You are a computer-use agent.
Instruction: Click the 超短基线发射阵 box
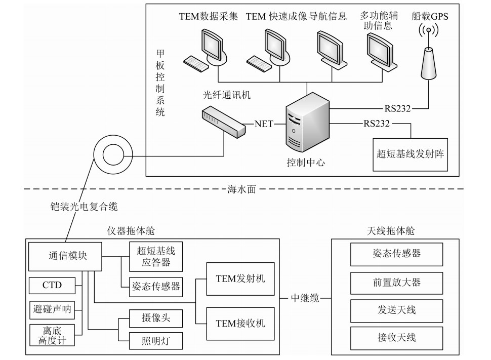coord(410,154)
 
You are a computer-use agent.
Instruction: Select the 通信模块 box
coord(65,256)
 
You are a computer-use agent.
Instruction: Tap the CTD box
coord(52,285)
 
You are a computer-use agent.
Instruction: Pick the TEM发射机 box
coord(240,278)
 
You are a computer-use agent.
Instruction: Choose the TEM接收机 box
coord(240,323)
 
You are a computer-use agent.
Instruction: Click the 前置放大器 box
coord(396,283)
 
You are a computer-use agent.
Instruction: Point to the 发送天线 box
coord(396,309)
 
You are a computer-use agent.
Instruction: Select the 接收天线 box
coord(396,337)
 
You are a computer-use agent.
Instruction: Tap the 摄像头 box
coord(155,318)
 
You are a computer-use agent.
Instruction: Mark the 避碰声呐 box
coord(52,308)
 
